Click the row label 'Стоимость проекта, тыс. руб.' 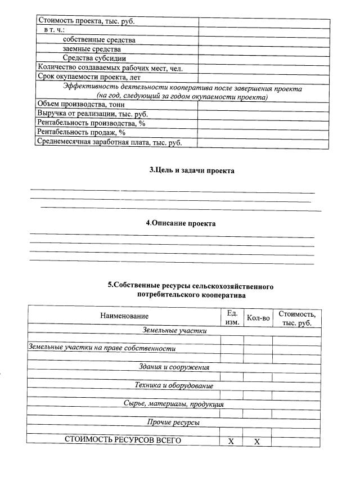tap(86, 22)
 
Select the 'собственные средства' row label tap(99, 40)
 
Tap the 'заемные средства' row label tap(91, 49)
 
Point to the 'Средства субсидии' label tap(94, 58)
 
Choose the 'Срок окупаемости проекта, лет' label tap(88, 77)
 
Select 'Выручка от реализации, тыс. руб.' tap(92, 114)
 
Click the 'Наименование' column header tap(124, 317)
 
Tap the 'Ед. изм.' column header tap(232, 317)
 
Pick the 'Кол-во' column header tap(258, 318)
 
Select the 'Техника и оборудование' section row tap(174, 385)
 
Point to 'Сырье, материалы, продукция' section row tap(174, 404)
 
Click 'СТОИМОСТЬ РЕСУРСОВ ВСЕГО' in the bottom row tap(123, 440)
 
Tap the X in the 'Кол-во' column tap(256, 442)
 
